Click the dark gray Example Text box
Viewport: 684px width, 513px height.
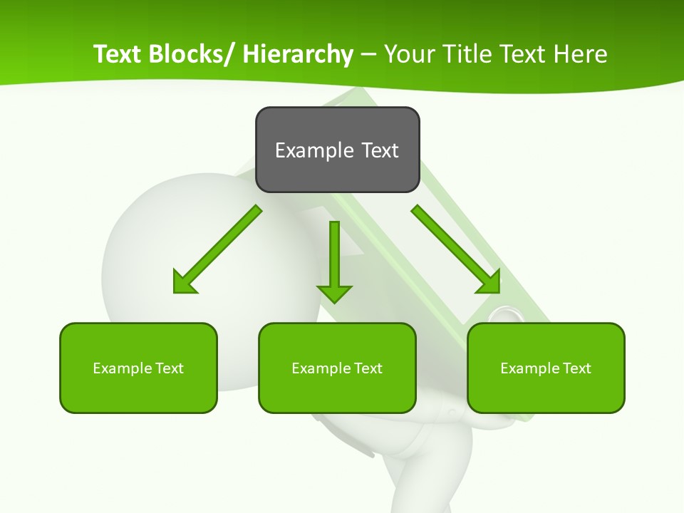(x=337, y=150)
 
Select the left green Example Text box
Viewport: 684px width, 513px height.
(x=138, y=368)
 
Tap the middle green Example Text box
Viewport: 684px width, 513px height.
(x=337, y=368)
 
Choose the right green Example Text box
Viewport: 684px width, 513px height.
(x=546, y=368)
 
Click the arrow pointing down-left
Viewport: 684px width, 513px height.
(x=217, y=249)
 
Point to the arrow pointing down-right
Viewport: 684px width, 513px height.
(x=456, y=249)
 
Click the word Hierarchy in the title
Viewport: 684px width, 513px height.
(x=298, y=54)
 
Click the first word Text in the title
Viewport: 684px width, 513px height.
(x=118, y=54)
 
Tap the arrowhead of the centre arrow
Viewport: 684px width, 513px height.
(x=334, y=293)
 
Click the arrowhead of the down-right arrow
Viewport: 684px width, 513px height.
(x=489, y=282)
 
